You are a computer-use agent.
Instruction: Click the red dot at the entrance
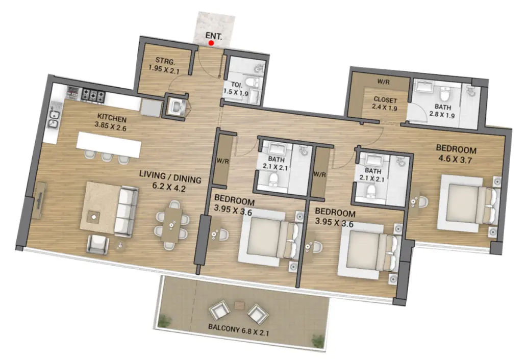211,43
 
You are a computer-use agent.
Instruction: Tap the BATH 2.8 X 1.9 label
442,111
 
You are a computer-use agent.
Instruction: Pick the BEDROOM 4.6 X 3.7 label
456,154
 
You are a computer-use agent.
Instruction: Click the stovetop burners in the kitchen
93,94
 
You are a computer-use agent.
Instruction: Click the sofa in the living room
126,211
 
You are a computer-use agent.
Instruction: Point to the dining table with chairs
171,225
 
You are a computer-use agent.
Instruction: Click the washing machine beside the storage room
176,106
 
